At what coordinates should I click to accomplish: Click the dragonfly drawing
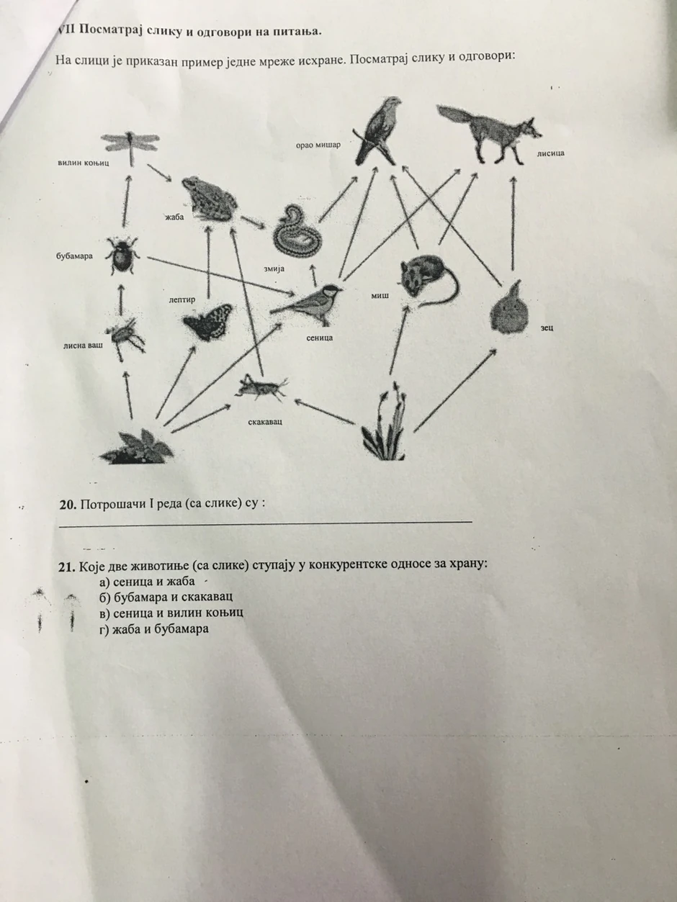pyautogui.click(x=130, y=145)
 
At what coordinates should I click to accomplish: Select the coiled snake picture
pyautogui.click(x=295, y=231)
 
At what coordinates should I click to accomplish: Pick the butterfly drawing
pyautogui.click(x=209, y=321)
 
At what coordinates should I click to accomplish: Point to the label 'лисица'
pyautogui.click(x=550, y=153)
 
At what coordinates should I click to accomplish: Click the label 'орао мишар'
pyautogui.click(x=318, y=145)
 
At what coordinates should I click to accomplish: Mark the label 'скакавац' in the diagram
pyautogui.click(x=264, y=420)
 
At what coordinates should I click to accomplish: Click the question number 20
pyautogui.click(x=68, y=505)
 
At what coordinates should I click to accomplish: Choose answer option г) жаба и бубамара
pyautogui.click(x=156, y=629)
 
